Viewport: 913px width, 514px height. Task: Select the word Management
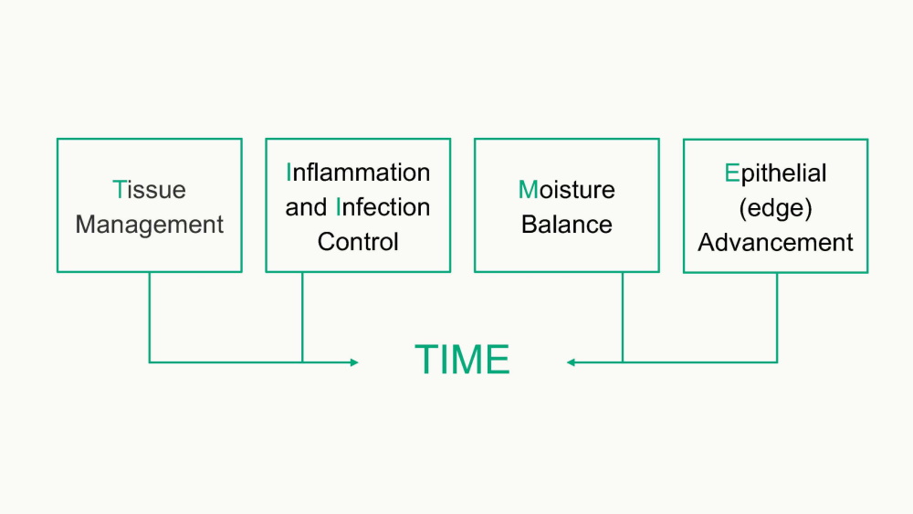point(149,225)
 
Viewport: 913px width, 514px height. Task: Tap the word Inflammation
point(358,173)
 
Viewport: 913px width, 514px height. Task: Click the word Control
point(358,242)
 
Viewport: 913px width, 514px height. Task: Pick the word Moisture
point(566,190)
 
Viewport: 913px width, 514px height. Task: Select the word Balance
point(566,225)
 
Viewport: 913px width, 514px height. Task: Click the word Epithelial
point(775,173)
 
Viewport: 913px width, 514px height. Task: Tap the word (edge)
point(775,207)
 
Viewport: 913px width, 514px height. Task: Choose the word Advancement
point(775,242)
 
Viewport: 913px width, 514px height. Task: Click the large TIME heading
point(462,361)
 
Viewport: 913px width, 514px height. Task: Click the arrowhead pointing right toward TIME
point(354,362)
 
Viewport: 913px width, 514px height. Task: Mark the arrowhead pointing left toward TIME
point(571,362)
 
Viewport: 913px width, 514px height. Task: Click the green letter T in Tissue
point(119,190)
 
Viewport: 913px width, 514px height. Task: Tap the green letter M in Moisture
point(528,190)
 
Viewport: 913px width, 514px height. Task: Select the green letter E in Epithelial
point(731,173)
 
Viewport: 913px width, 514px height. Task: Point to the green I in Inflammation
point(289,173)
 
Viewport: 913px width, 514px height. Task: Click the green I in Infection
point(339,207)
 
